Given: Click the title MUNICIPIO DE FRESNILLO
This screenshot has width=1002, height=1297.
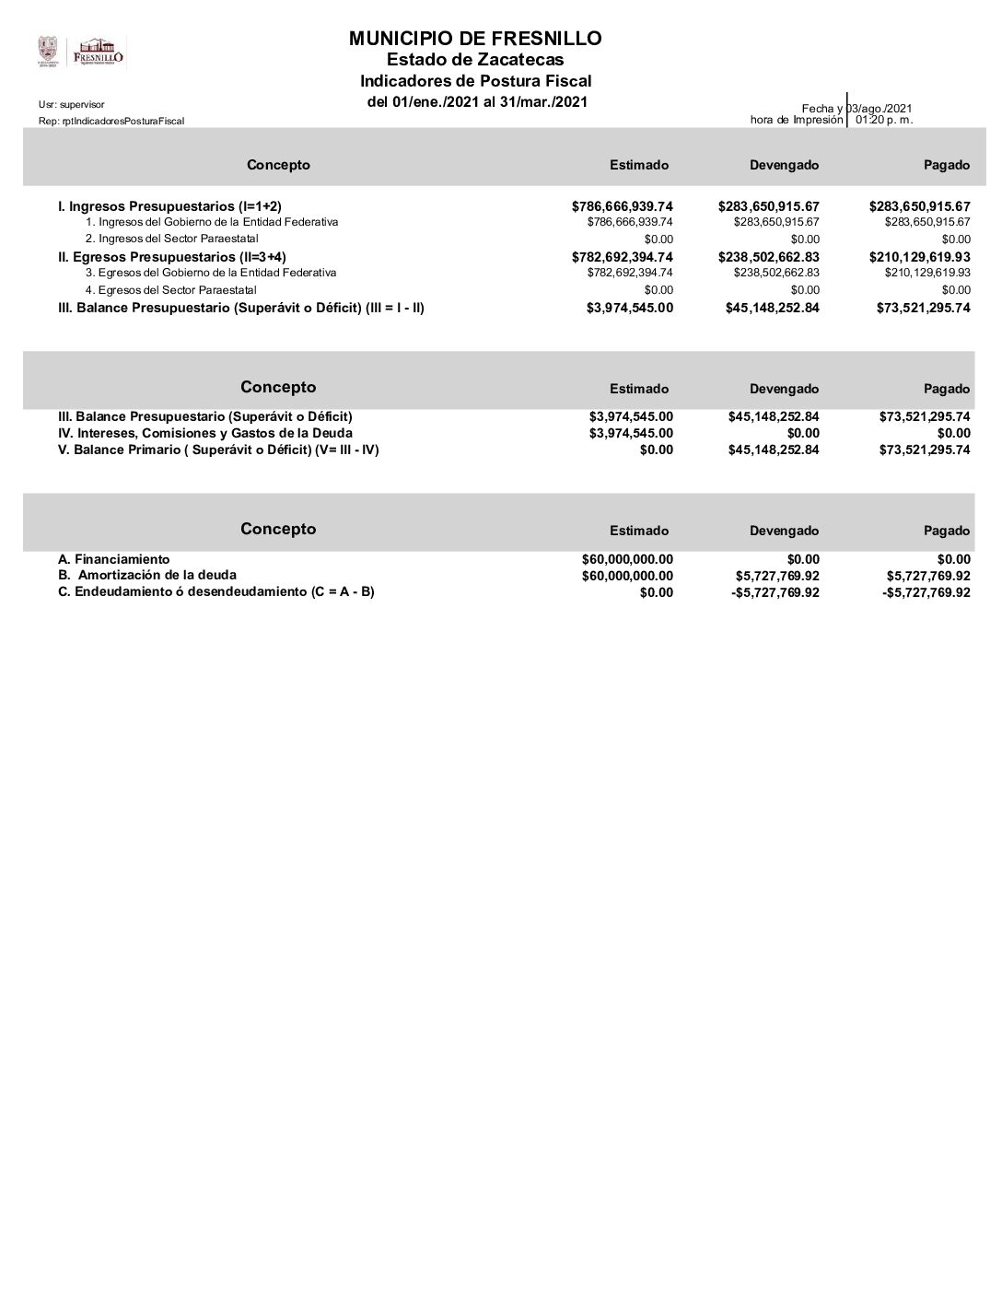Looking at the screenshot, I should click(x=475, y=39).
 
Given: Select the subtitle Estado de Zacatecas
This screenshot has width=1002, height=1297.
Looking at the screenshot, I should click(x=475, y=60).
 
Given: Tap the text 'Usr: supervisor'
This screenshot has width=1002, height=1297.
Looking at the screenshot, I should click(x=72, y=104).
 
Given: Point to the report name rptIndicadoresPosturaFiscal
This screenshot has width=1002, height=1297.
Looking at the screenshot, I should click(x=111, y=121).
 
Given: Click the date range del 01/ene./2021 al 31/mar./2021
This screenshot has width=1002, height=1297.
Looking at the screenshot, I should click(x=477, y=101).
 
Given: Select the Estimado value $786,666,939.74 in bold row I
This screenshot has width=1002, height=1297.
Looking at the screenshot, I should click(x=623, y=206).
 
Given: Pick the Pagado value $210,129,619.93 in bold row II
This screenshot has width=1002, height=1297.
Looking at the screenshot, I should click(x=919, y=257).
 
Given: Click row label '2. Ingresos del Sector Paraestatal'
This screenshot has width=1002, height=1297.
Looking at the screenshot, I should click(x=172, y=239).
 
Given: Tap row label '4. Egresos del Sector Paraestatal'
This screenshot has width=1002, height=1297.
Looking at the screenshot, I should click(x=171, y=289).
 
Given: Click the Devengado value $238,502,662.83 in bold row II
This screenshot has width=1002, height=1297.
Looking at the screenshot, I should click(x=768, y=257).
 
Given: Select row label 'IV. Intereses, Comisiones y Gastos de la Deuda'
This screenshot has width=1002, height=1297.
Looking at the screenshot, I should click(x=205, y=433).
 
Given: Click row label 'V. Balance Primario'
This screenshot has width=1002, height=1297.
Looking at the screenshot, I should click(x=218, y=450).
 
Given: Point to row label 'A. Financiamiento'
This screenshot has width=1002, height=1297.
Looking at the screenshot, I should click(x=114, y=559).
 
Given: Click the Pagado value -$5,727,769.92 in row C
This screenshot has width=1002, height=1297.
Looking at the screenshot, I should click(x=926, y=592).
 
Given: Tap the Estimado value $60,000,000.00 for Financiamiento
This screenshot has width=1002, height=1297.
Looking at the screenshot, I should click(x=627, y=559).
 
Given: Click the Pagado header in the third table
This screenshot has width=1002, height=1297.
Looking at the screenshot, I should click(x=947, y=531).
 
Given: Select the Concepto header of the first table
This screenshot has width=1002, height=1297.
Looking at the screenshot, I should click(x=278, y=165).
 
